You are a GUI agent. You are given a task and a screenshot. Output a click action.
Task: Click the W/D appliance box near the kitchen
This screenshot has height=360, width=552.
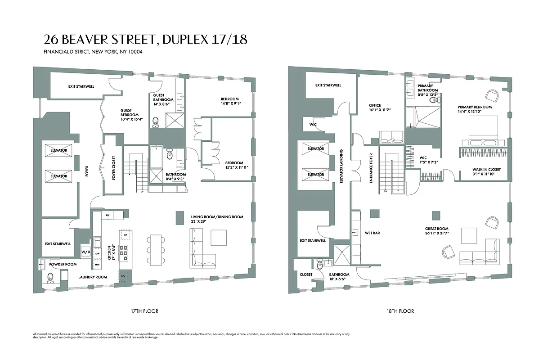pyautogui.click(x=85, y=251)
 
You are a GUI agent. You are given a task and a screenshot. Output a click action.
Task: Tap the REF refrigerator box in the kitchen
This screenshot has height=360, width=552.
pyautogui.click(x=108, y=216)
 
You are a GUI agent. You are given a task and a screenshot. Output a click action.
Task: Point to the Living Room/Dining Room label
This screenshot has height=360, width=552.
pyautogui.click(x=217, y=217)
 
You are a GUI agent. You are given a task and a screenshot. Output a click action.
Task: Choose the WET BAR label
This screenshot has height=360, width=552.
pyautogui.click(x=373, y=233)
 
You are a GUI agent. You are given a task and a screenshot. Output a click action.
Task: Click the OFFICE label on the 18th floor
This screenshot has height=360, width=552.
pyautogui.click(x=375, y=106)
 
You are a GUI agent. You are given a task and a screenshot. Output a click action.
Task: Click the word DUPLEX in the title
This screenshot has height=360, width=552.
pyautogui.click(x=184, y=40)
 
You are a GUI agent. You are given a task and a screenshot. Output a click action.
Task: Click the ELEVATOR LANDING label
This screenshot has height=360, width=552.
pyautogui.click(x=342, y=166)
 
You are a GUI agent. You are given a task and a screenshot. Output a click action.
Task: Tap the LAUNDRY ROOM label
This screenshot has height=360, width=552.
pyautogui.click(x=93, y=277)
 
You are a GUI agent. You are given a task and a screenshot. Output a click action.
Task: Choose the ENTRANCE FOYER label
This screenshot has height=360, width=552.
pyautogui.click(x=372, y=167)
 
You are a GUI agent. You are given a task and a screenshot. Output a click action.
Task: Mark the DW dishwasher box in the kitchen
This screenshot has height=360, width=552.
pyautogui.click(x=98, y=253)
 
